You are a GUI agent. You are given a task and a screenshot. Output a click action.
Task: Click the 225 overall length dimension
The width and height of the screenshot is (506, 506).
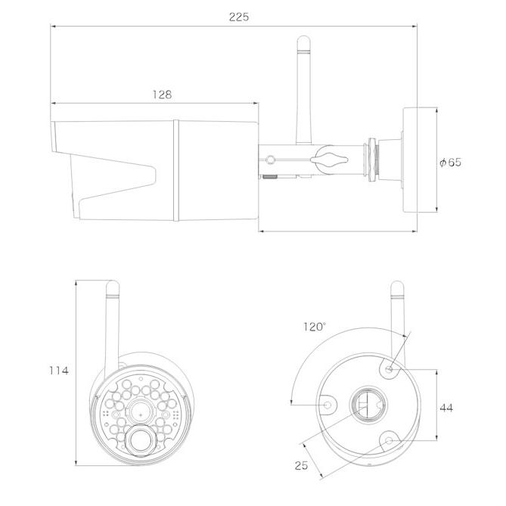(x=239, y=17)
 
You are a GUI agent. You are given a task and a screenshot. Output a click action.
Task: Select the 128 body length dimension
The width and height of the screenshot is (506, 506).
(x=162, y=95)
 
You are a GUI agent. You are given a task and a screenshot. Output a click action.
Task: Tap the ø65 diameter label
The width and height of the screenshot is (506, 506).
(x=451, y=162)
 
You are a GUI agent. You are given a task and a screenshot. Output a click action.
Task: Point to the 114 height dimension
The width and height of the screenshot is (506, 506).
(x=59, y=371)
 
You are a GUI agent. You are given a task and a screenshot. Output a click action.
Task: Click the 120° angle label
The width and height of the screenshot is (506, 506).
(x=315, y=327)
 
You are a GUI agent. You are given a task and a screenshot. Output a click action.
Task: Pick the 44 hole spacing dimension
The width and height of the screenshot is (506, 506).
(x=446, y=408)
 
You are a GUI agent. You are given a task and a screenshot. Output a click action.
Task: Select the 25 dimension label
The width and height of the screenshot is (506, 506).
(x=301, y=465)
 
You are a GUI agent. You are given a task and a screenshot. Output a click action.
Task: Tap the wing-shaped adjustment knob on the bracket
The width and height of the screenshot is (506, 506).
(x=329, y=160)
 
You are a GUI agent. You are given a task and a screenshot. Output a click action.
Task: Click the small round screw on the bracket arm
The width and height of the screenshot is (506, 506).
(x=271, y=160)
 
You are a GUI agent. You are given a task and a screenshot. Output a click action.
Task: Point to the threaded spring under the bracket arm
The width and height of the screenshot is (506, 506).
(x=271, y=176)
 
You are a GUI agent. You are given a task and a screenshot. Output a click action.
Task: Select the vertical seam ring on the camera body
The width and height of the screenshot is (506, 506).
(x=176, y=170)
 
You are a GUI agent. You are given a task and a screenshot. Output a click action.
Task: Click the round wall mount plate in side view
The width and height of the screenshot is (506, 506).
(x=410, y=160)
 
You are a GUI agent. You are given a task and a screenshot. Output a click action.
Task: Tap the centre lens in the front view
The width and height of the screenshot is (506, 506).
(x=141, y=414)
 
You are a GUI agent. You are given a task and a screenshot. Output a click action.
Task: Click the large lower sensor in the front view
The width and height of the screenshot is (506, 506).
(x=141, y=440)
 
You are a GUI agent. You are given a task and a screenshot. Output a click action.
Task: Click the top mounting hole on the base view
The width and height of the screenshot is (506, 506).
(x=390, y=370)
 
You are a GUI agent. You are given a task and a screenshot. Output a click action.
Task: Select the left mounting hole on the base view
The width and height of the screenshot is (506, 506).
(x=328, y=405)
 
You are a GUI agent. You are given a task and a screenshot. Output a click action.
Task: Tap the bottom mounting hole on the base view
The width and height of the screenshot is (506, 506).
(x=390, y=440)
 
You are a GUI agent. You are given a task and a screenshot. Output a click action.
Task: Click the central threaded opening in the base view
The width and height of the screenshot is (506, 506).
(x=368, y=405)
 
